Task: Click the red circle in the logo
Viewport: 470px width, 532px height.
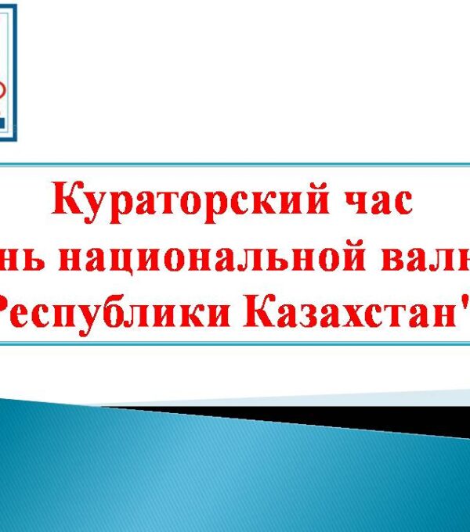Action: (4, 90)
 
